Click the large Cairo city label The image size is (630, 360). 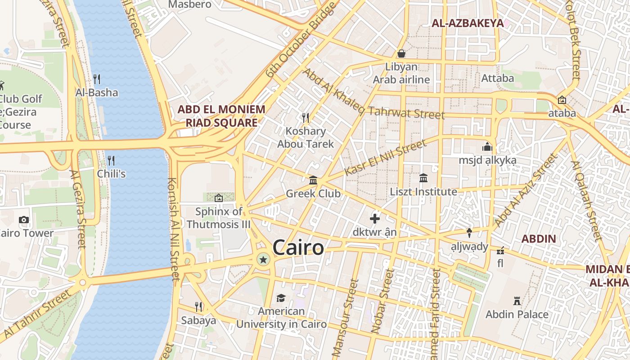point(298,248)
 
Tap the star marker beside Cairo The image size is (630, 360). point(263,259)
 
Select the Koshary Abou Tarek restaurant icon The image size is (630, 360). point(306,118)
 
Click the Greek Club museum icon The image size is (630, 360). point(313,180)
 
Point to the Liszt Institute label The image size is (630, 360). point(423,192)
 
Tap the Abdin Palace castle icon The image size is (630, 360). point(517,301)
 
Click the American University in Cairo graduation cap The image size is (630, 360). point(281,298)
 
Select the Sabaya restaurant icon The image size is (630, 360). point(198,307)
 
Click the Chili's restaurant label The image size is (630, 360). point(111,173)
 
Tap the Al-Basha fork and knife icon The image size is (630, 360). point(97,79)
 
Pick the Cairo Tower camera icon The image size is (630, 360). point(24,220)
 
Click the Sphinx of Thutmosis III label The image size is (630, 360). point(218,218)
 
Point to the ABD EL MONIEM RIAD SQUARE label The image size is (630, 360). point(221,116)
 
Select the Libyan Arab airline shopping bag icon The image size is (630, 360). point(401,54)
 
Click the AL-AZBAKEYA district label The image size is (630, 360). point(468,23)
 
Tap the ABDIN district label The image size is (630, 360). point(539,239)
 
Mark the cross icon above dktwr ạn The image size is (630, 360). point(375,219)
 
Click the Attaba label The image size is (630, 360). point(497,78)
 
